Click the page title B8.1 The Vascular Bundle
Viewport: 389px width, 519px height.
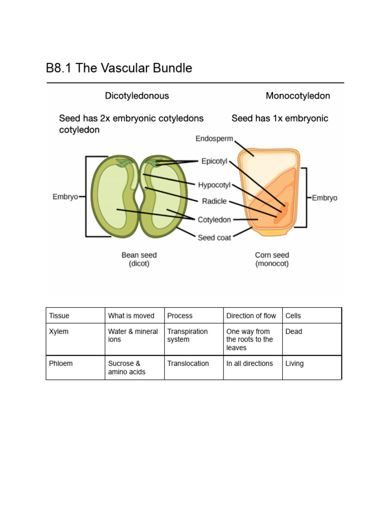119,68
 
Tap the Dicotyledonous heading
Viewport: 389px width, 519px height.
137,96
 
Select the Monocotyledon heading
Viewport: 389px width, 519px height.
298,96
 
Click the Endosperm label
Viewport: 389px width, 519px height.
214,138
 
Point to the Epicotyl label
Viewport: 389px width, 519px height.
214,162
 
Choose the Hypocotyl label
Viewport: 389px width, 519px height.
214,185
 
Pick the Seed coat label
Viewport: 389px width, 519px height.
214,237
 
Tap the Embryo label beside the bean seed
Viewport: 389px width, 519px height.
65,197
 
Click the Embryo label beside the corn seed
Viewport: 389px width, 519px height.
325,198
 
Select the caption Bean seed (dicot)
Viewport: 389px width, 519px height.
139,259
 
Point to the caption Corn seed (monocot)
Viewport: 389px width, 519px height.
272,259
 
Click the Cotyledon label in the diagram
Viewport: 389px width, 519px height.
214,220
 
